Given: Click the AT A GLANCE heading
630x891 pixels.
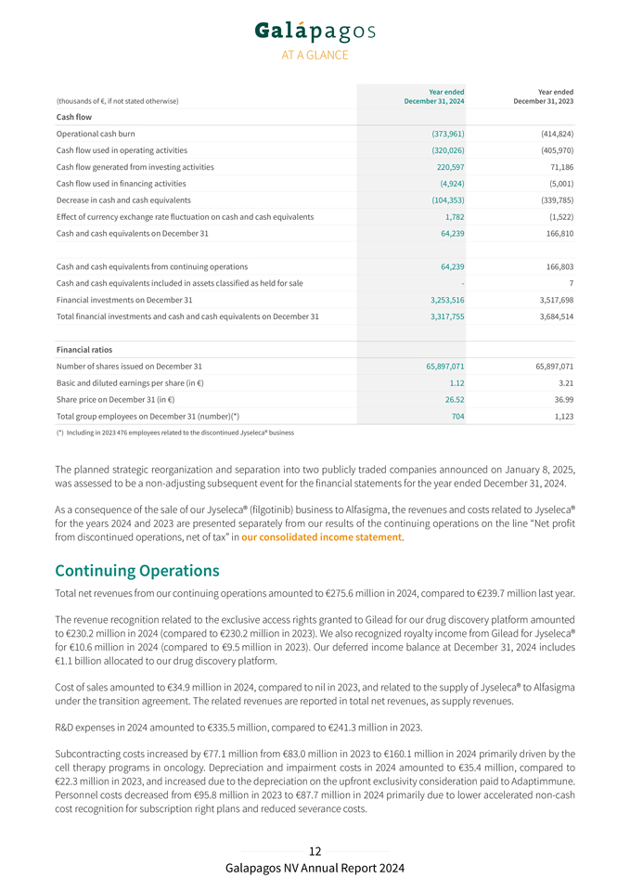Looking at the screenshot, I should point(315,55).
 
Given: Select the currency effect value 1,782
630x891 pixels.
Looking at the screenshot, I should point(455,217).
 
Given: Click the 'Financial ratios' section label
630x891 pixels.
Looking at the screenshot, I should point(84,349).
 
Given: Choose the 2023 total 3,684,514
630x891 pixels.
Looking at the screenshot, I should point(550,316).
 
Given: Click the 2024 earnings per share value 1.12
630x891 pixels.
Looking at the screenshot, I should point(456,382).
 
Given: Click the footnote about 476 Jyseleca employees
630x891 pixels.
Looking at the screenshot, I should point(175,433).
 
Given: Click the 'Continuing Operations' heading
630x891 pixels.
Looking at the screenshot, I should point(137,570).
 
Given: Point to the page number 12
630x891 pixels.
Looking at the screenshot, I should point(315,851).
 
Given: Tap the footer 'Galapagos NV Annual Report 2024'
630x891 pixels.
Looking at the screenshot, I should point(315,869).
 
